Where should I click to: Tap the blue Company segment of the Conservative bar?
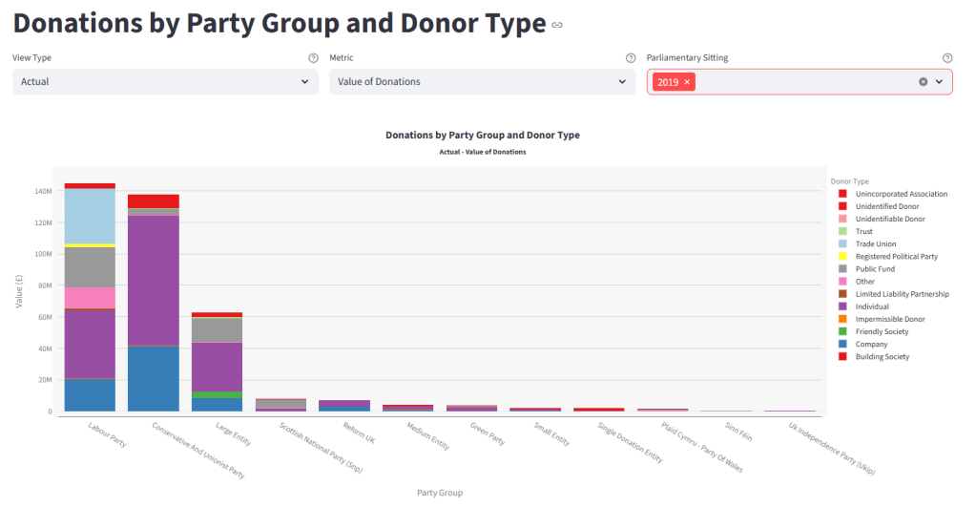coord(154,378)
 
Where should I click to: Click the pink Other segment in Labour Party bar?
coord(90,298)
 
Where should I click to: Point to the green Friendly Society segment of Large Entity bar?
coord(218,394)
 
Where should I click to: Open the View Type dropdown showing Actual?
coord(165,82)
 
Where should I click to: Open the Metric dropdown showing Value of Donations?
coord(482,82)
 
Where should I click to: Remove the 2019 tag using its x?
coord(687,82)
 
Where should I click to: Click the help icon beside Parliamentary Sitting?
coord(946,58)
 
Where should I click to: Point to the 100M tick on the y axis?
coord(44,254)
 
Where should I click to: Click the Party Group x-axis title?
coord(440,493)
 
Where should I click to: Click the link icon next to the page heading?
coord(557,25)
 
